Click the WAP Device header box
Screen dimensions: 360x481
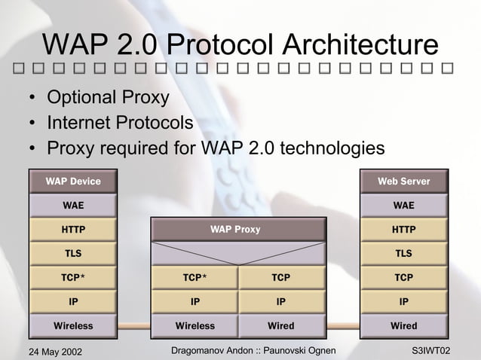(73, 182)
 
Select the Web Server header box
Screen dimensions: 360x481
(404, 182)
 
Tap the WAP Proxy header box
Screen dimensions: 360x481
(238, 229)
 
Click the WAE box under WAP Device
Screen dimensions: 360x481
(73, 206)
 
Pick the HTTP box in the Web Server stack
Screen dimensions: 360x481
(404, 230)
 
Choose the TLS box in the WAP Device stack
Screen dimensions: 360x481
(73, 254)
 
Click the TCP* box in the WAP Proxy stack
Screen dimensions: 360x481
(195, 278)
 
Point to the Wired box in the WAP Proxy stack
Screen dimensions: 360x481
(281, 326)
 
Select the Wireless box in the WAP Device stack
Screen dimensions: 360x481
(73, 326)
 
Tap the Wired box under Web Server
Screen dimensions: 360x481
(404, 326)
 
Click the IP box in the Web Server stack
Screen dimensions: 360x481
(404, 302)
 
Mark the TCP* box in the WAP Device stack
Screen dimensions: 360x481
(73, 278)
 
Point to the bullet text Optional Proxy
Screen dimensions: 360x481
(108, 99)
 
